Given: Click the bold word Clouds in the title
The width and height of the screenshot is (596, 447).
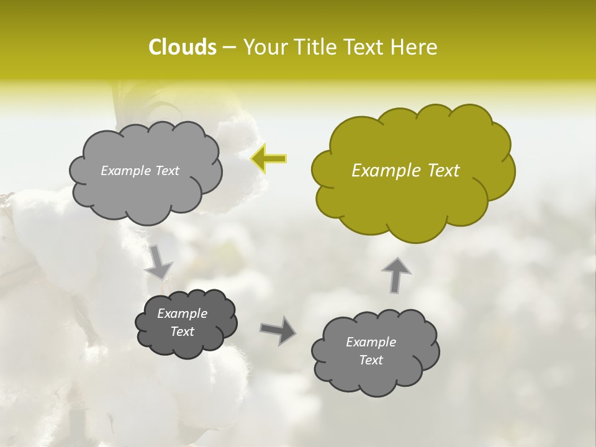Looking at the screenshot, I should click(x=182, y=47).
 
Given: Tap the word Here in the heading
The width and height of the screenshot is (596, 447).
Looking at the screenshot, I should click(x=415, y=47).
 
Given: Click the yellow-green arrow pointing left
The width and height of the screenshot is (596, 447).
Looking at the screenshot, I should click(x=268, y=159).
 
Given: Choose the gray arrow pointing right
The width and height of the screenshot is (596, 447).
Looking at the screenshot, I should click(x=278, y=330).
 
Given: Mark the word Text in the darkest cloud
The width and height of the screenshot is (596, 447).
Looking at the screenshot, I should click(x=183, y=332).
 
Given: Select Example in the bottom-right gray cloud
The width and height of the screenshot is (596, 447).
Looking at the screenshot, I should click(x=371, y=342).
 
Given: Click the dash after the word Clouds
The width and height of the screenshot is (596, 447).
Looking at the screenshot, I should click(x=228, y=47).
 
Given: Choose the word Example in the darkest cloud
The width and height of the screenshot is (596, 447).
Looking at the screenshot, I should click(x=183, y=314).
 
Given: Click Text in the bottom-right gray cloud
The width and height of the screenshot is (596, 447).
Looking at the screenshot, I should click(x=371, y=360).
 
